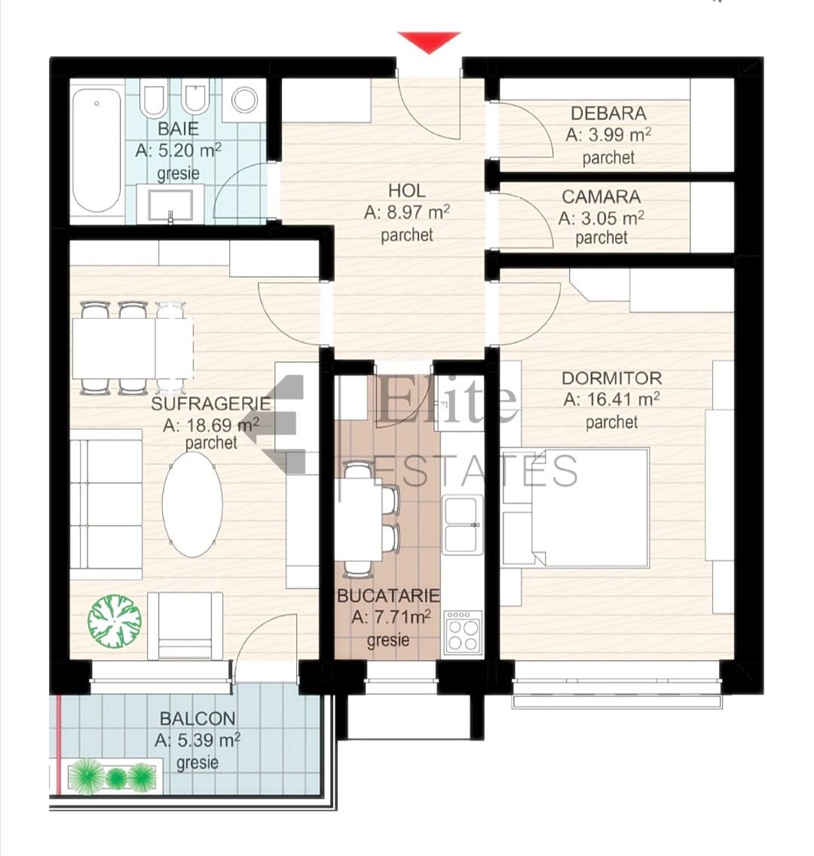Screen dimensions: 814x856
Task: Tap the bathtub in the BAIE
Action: [x=96, y=149]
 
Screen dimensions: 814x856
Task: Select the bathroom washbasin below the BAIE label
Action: [x=170, y=204]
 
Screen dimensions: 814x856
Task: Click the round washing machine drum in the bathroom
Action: [x=244, y=100]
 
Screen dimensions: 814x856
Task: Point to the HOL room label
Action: [x=406, y=191]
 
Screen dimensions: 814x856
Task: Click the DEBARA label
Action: [x=608, y=114]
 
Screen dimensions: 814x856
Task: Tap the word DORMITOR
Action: [x=611, y=378]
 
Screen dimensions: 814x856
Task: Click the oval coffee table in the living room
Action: [x=193, y=505]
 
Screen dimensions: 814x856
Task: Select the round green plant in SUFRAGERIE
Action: [x=115, y=621]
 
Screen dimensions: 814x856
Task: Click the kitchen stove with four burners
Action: [x=463, y=631]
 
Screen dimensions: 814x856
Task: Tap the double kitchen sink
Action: [x=463, y=525]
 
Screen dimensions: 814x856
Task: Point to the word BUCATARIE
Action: [x=388, y=596]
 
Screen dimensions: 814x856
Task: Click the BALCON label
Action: [x=197, y=719]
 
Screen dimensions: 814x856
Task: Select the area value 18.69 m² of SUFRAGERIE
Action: [x=210, y=424]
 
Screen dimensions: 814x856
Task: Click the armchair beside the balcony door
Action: [x=185, y=626]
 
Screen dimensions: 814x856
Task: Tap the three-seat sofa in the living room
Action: [x=106, y=504]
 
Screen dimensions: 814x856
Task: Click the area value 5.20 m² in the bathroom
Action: [x=178, y=150]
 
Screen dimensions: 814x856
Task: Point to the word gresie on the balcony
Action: [x=197, y=762]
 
